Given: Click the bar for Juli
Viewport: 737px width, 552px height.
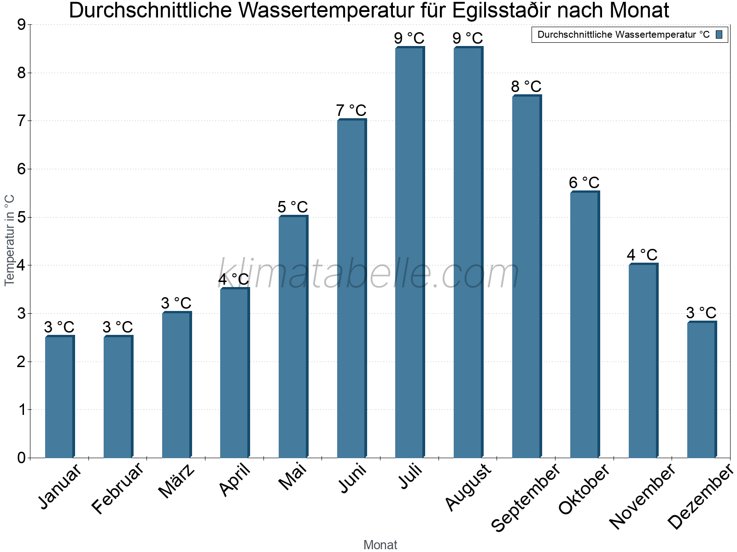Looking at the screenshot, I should pyautogui.click(x=409, y=253).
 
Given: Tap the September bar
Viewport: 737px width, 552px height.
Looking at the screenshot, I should pyautogui.click(x=526, y=276).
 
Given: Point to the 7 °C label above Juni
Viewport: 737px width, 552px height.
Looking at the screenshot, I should pyautogui.click(x=351, y=111).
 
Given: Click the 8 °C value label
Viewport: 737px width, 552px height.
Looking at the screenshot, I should pyautogui.click(x=526, y=86).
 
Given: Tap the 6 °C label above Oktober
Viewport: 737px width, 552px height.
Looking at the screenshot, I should pyautogui.click(x=584, y=183).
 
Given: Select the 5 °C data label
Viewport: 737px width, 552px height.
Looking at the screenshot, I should pyautogui.click(x=292, y=207).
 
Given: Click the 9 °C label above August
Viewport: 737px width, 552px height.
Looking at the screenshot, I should pyautogui.click(x=468, y=38).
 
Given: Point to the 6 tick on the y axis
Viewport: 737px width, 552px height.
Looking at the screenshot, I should pyautogui.click(x=21, y=169).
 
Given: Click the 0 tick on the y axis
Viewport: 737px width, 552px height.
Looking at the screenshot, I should pyautogui.click(x=21, y=458).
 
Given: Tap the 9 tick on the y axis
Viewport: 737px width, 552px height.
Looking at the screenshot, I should pyautogui.click(x=21, y=25).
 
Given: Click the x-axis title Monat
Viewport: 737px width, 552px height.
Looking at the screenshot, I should pyautogui.click(x=380, y=545).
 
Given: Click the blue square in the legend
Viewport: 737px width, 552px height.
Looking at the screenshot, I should pyautogui.click(x=719, y=34).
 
